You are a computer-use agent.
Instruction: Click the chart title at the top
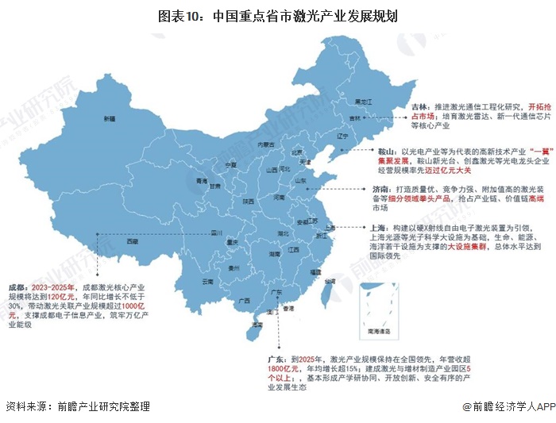click(x=277, y=15)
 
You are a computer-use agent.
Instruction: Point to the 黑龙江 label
click(x=363, y=102)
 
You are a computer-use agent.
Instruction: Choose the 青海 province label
click(x=180, y=181)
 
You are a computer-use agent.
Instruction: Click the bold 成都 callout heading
click(x=18, y=286)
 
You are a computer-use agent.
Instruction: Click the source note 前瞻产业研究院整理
click(x=103, y=406)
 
